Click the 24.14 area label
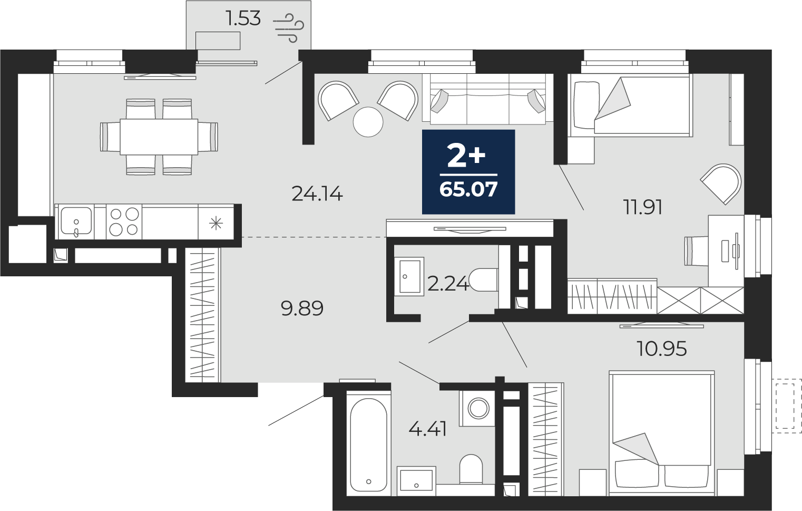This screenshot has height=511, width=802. click(317, 194)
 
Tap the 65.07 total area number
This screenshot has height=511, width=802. click(468, 189)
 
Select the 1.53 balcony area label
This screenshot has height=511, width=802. click(243, 18)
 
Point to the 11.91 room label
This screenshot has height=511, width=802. click(643, 207)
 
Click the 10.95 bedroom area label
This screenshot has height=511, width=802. click(662, 349)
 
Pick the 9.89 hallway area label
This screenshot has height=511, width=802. click(302, 308)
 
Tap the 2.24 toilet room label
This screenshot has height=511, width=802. click(448, 284)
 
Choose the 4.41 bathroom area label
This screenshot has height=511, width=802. click(428, 429)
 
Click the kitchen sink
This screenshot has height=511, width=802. click(76, 221)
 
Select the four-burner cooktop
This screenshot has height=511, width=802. click(124, 222)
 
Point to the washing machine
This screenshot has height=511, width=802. click(477, 408)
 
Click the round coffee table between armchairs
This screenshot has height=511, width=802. click(368, 122)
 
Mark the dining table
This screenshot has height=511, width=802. click(159, 137)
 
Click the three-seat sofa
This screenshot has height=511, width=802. click(484, 99)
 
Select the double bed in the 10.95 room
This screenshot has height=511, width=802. click(662, 429)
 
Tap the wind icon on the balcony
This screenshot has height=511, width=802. click(289, 28)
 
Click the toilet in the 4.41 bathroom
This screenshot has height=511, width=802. click(471, 469)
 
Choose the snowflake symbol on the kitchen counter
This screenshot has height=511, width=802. click(216, 224)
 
